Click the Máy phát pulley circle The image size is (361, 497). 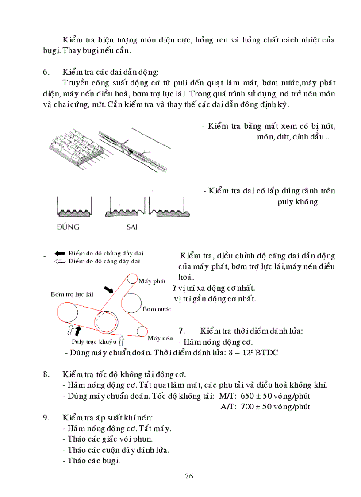point(132,279)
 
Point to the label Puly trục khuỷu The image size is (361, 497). point(94,342)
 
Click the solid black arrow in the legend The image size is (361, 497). point(60,254)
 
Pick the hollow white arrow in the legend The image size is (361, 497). point(60,262)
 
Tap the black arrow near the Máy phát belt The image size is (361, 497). point(108,289)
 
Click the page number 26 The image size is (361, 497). point(189,476)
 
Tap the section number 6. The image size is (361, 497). point(46,73)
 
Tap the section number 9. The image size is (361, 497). point(46,418)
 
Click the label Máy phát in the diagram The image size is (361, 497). point(152,281)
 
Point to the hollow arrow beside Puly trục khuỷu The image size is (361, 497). point(121,341)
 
